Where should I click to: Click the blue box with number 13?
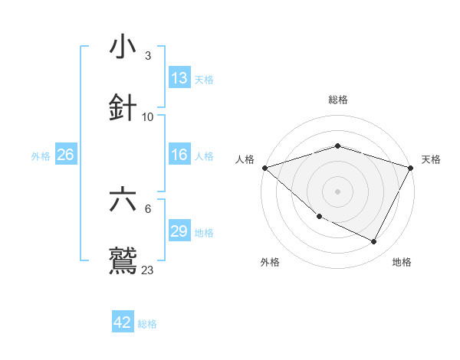pos(179,78)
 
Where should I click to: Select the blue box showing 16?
pos(179,155)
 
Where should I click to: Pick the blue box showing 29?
pos(179,231)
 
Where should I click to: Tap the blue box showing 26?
pos(66,155)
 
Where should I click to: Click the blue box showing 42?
pos(123,322)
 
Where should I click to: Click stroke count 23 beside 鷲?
pos(148,270)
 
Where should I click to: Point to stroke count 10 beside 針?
pos(148,117)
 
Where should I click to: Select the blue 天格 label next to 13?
pos(204,79)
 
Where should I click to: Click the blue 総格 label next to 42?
pos(147,324)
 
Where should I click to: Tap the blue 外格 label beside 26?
pos(41,156)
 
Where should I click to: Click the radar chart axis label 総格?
pos(338,100)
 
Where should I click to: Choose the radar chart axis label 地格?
pos(402,263)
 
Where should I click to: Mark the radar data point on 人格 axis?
pos(264,168)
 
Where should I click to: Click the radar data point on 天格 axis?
pos(411,168)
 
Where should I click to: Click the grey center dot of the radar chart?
pos(338,191)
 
